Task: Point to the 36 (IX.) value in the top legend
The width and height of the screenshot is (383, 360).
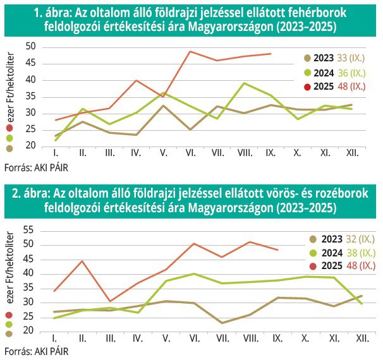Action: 358,72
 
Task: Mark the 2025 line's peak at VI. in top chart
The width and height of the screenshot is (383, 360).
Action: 190,51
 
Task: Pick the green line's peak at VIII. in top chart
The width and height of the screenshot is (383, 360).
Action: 244,83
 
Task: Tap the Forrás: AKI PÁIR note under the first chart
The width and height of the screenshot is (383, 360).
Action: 36,169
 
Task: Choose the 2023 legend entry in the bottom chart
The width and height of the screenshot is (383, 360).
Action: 331,239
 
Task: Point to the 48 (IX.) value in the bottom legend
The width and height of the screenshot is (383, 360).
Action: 361,266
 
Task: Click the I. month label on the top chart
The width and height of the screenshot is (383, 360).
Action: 56,152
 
